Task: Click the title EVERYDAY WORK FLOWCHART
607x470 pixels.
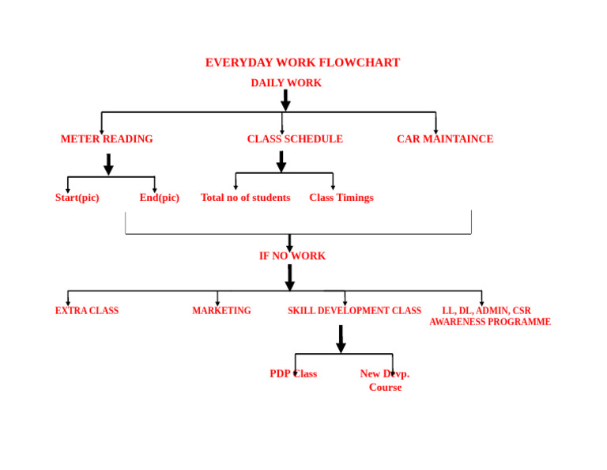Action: coord(303,63)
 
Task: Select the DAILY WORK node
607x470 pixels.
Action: coord(286,83)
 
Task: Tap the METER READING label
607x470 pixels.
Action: coord(107,138)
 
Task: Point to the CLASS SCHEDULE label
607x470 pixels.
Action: coord(295,138)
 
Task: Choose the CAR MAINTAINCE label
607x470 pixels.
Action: coord(445,138)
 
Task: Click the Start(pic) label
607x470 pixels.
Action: coord(77,198)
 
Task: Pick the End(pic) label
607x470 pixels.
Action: coord(160,198)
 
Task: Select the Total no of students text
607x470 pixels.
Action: coord(246,198)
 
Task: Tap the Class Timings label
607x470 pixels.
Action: coord(341,198)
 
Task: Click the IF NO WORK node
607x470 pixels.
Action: coord(292,256)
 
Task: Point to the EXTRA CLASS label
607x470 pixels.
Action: coord(87,310)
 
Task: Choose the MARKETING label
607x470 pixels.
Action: coord(221,310)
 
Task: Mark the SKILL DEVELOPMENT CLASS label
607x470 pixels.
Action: coord(354,310)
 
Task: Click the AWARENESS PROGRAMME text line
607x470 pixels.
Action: coord(490,321)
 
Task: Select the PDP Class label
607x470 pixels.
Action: coord(293,373)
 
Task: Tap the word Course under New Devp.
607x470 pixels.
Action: coord(385,387)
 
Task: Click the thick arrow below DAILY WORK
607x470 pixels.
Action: coord(285,100)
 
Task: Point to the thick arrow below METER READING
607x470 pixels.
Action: coord(109,165)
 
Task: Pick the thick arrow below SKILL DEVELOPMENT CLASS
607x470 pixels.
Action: coord(341,339)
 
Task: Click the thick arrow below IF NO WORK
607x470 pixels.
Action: coord(289,278)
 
